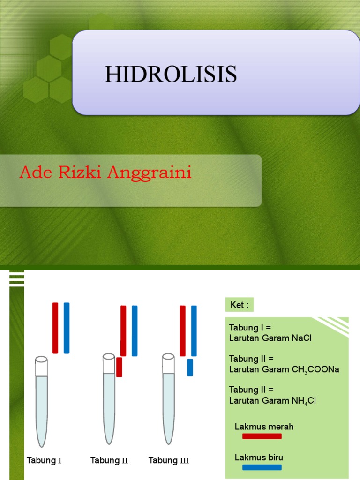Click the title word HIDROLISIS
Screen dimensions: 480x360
(x=171, y=75)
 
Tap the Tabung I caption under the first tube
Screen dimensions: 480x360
(x=44, y=460)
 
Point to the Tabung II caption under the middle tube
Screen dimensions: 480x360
(x=109, y=460)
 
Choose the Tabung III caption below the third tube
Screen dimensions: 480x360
(x=169, y=460)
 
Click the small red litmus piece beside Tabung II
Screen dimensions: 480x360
(x=119, y=367)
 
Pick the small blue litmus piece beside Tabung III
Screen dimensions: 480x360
(x=190, y=367)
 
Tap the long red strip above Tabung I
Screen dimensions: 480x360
(x=55, y=328)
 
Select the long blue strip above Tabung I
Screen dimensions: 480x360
(x=67, y=328)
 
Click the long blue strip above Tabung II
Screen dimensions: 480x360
(x=135, y=330)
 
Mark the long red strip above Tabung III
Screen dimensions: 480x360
(x=183, y=330)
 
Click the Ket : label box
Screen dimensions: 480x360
(x=239, y=305)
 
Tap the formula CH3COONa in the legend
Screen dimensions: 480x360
(x=315, y=369)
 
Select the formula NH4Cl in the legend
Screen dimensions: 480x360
(x=304, y=401)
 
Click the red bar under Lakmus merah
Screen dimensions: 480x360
(x=262, y=436)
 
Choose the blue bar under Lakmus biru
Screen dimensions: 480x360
(x=262, y=467)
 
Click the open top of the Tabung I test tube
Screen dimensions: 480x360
(x=41, y=360)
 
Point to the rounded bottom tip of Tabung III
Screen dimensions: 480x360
(x=169, y=442)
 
